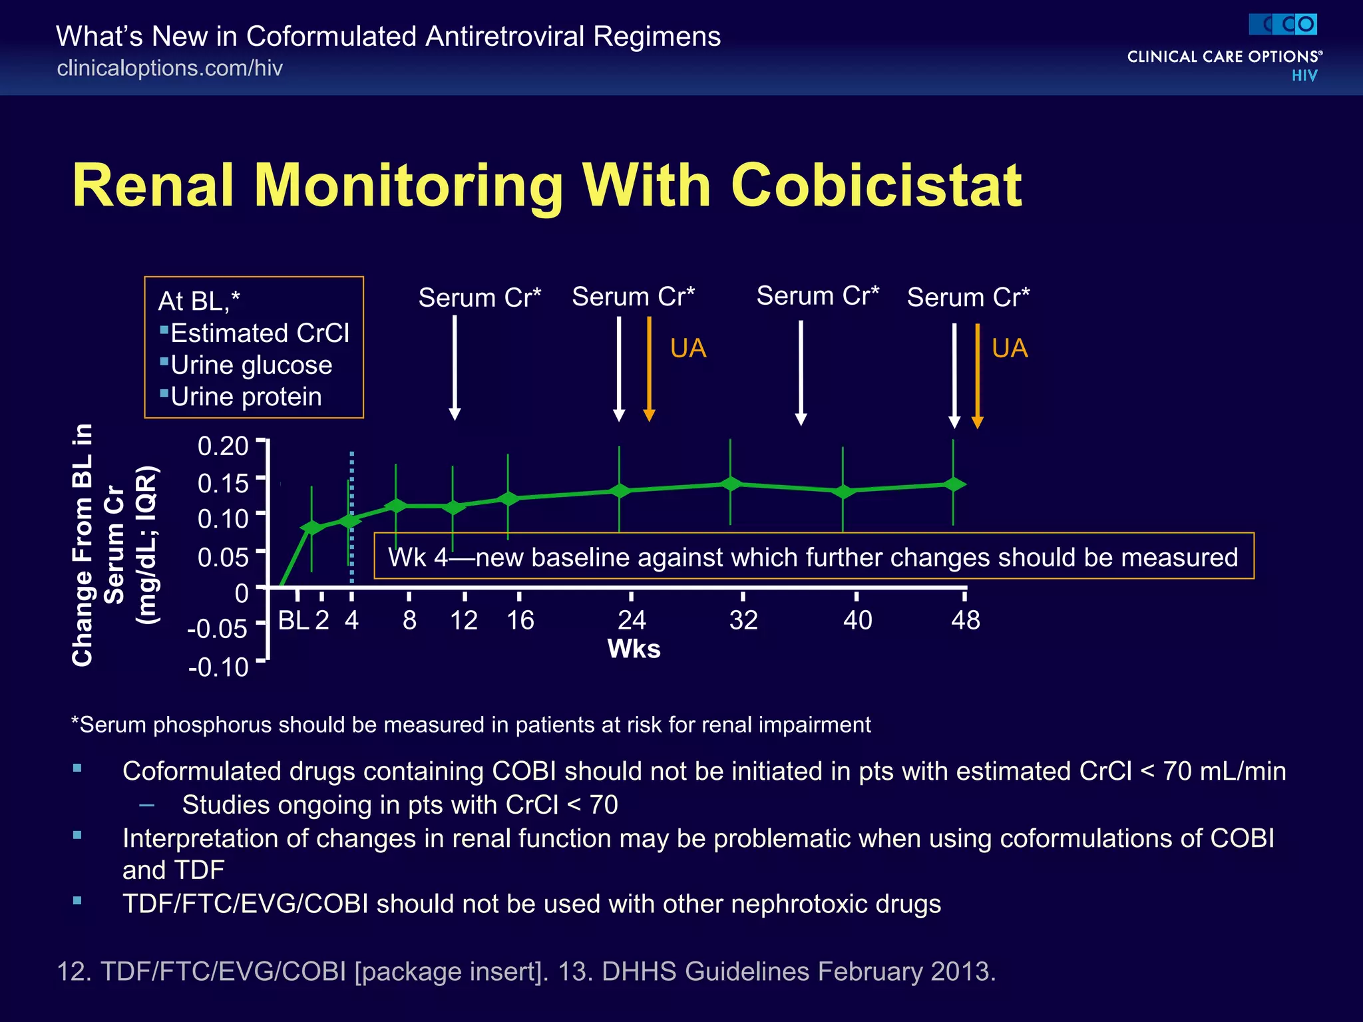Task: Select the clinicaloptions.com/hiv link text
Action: click(170, 68)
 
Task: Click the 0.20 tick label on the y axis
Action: click(223, 446)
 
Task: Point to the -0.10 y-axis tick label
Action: click(218, 667)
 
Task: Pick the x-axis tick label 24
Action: click(632, 620)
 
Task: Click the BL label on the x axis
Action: click(293, 620)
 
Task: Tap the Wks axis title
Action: click(634, 649)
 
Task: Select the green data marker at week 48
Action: click(954, 484)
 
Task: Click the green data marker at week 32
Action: click(731, 484)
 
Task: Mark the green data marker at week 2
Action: click(311, 528)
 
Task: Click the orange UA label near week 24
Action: click(688, 348)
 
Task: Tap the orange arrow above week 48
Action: click(977, 376)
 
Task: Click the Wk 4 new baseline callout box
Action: click(813, 556)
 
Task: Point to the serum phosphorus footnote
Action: click(471, 725)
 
